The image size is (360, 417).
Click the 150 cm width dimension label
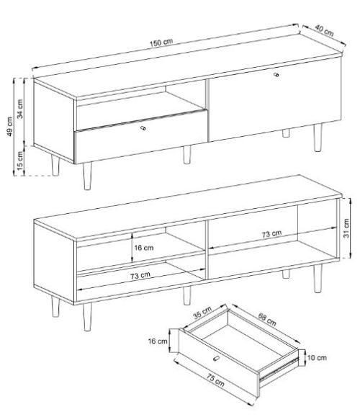click(161, 42)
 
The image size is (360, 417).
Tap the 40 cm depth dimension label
click(324, 30)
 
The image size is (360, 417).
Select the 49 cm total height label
click(10, 126)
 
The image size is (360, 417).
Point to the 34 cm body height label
click(20, 109)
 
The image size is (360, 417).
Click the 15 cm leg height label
click(20, 161)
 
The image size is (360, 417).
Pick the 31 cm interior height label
click(346, 228)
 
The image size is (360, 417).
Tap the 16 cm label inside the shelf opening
click(143, 248)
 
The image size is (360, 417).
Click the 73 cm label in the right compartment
click(271, 234)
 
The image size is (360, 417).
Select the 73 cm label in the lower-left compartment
click(140, 276)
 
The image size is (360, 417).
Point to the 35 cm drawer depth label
click(202, 313)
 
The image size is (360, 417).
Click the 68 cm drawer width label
click(267, 319)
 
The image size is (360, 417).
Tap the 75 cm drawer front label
click(215, 380)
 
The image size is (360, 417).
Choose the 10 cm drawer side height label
click(317, 357)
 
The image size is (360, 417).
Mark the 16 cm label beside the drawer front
click(158, 341)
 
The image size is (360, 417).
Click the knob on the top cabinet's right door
click(276, 74)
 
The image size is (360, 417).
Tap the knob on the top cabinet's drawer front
click(143, 128)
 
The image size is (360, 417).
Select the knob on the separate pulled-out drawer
click(216, 359)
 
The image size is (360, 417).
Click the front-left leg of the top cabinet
click(87, 176)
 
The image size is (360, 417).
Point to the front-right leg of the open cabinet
click(318, 279)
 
